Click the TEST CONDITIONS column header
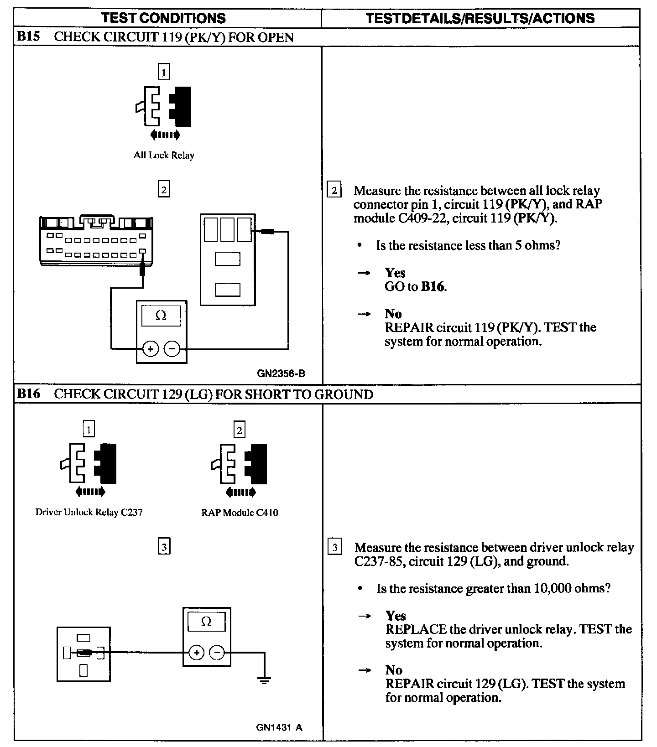coord(163,18)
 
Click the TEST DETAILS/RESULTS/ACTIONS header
coord(480,18)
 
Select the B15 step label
coord(28,36)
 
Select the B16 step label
coord(28,394)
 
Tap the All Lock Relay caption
coord(164,155)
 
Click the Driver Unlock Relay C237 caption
coord(89,512)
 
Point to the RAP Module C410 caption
coord(240,513)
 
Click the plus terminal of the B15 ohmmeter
coord(151,349)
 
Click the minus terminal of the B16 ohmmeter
coord(217,653)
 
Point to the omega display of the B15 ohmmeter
coord(161,316)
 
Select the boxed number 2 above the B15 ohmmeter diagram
coord(164,189)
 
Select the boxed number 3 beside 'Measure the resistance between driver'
coord(335,547)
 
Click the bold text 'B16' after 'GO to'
coord(433,287)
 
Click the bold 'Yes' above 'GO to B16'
coord(395,273)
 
